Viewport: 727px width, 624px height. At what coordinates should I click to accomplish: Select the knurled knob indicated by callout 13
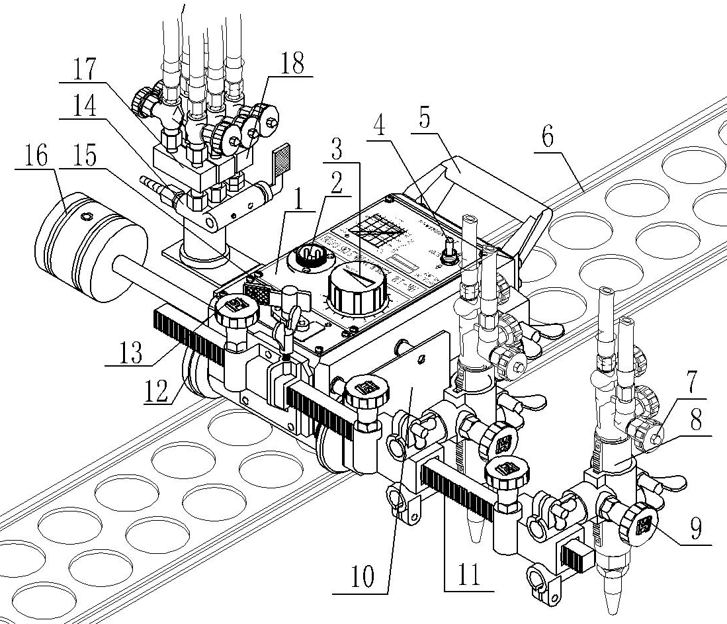click(234, 309)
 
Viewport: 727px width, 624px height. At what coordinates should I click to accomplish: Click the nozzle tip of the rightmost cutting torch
click(609, 605)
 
